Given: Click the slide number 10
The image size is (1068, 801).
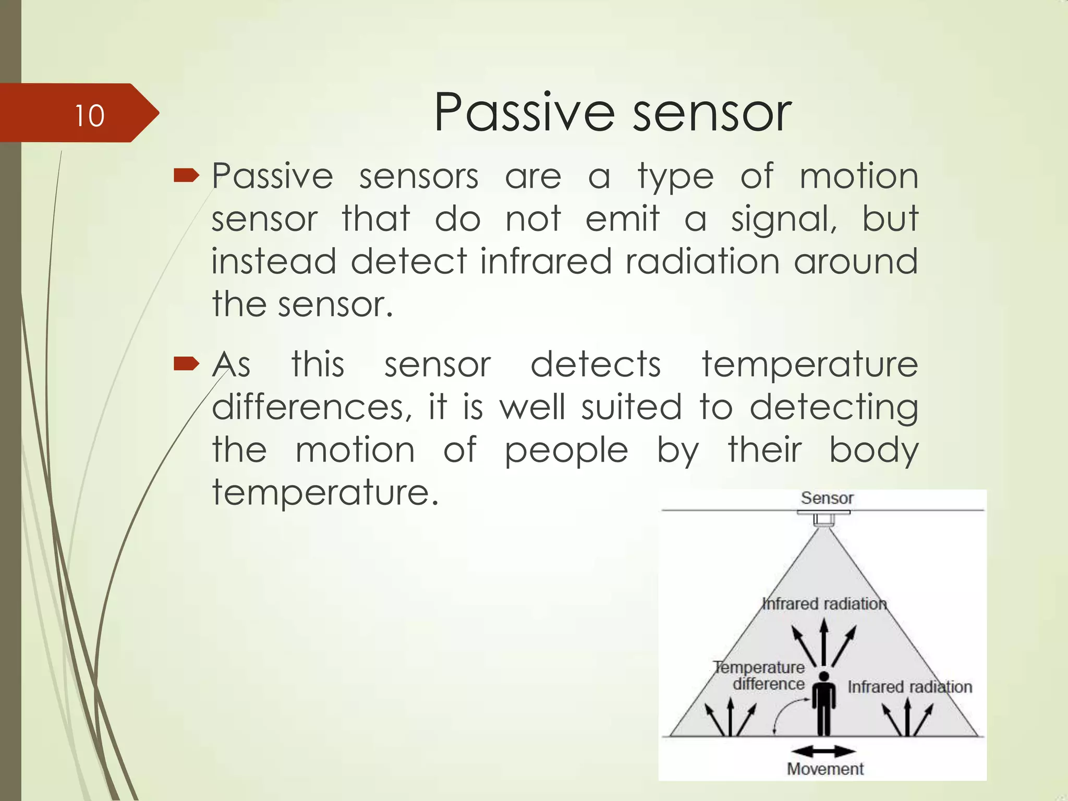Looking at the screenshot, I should (89, 116).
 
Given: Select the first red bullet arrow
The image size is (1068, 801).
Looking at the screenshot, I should (186, 176).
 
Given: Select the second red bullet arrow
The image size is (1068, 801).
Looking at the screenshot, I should (186, 363).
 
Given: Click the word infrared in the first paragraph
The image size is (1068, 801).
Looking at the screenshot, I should (545, 261).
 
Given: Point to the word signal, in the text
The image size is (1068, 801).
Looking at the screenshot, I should (784, 219).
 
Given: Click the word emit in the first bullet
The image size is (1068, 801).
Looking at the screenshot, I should (622, 219).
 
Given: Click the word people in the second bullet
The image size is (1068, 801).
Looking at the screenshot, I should (566, 450).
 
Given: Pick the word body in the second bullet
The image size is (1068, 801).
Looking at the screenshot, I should (873, 450).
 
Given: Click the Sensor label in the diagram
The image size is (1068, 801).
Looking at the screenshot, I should (827, 498).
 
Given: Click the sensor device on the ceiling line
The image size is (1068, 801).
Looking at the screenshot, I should (824, 519).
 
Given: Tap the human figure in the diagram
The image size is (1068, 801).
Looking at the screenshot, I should (824, 704).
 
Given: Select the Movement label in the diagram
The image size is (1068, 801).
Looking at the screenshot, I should (825, 769).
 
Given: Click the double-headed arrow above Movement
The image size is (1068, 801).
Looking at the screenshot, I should (823, 751).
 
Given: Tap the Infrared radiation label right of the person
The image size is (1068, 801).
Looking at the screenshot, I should (909, 687).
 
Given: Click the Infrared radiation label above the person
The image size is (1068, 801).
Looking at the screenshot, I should (824, 604).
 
